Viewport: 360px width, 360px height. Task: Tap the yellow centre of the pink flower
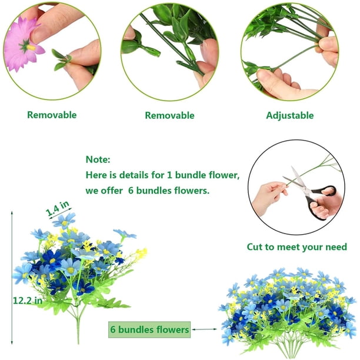click(x=31, y=48)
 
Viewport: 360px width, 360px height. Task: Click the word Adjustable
click(x=290, y=115)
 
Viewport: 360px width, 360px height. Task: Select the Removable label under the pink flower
click(x=52, y=115)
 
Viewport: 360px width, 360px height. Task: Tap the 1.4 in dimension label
click(x=58, y=208)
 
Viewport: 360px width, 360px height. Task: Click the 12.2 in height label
click(x=28, y=301)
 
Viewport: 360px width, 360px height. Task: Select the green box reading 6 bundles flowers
click(x=149, y=329)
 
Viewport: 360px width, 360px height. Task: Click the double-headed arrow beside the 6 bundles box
click(x=204, y=329)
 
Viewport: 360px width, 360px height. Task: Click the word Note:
click(x=98, y=159)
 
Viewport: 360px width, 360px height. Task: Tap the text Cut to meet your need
click(x=297, y=247)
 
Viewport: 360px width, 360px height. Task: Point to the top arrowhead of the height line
click(x=12, y=212)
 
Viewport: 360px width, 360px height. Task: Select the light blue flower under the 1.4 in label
click(x=64, y=221)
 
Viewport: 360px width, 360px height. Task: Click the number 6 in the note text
click(x=131, y=191)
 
